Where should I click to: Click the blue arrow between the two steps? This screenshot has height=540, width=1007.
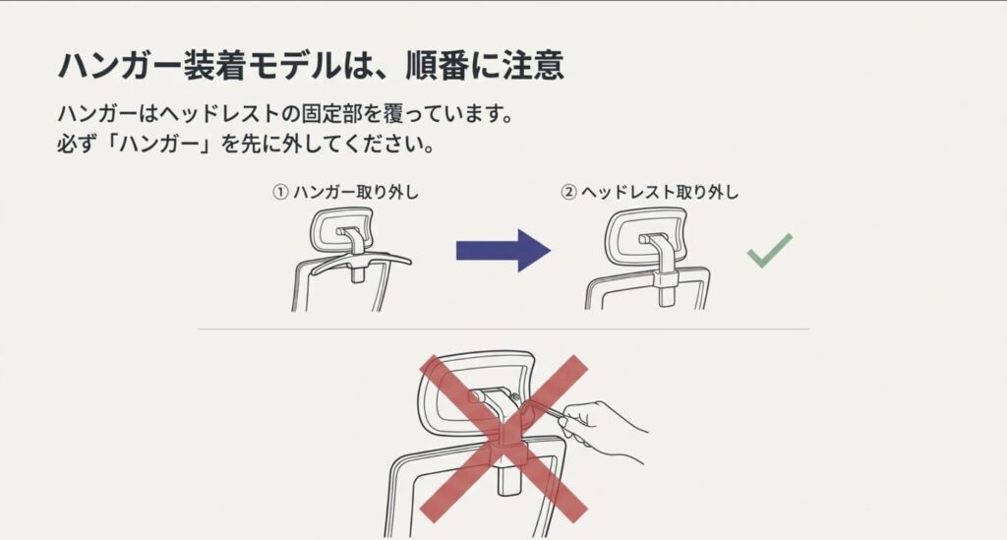(502, 250)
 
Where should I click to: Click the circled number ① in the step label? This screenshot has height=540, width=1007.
(279, 193)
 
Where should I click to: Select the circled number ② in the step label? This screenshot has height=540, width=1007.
(567, 193)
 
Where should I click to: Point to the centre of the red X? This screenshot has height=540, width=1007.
(503, 437)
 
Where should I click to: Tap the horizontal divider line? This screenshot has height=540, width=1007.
(503, 329)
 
